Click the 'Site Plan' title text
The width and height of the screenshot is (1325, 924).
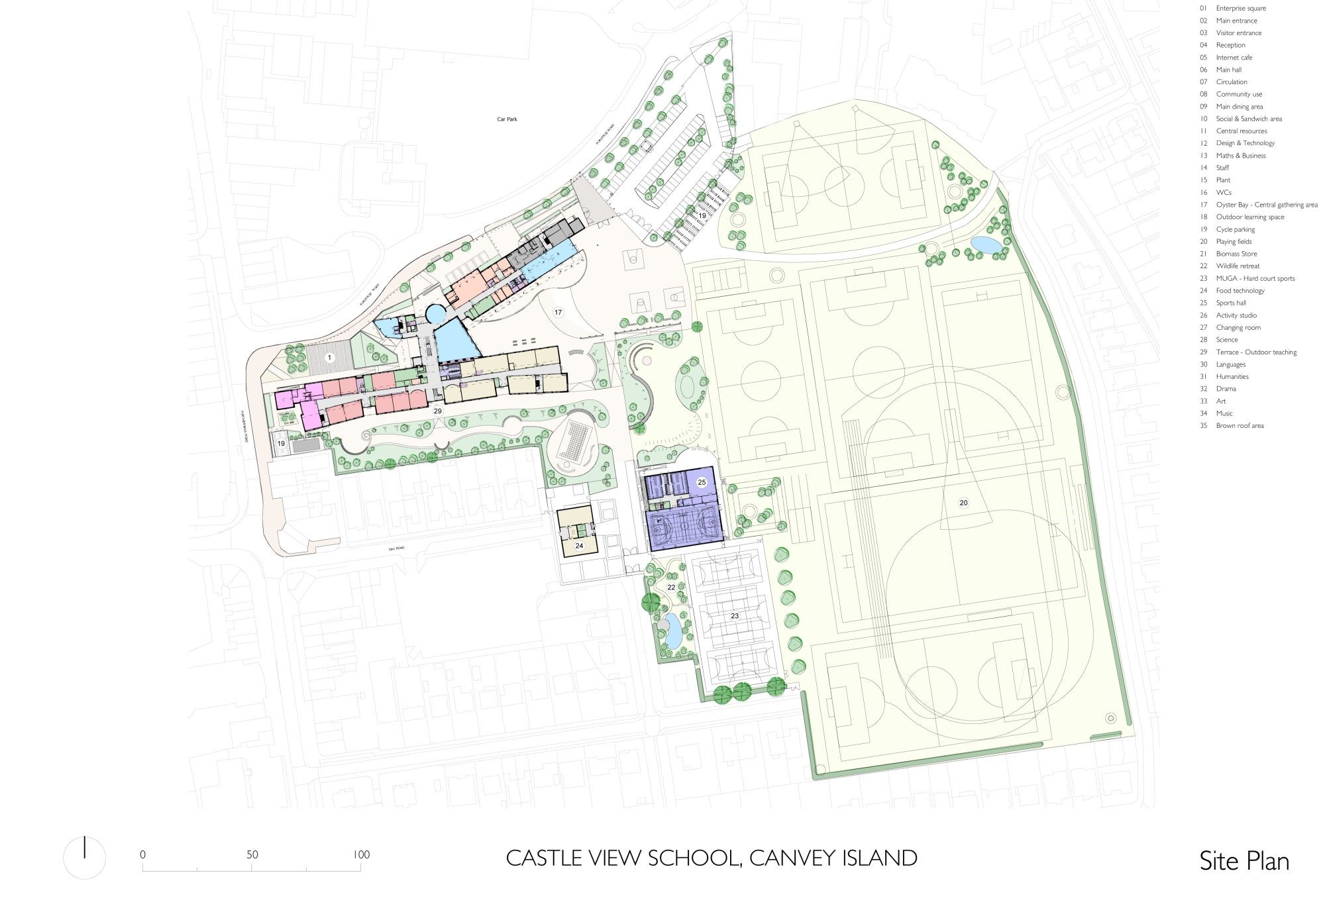click(x=1244, y=861)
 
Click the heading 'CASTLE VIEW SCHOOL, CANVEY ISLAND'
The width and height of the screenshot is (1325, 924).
click(x=711, y=858)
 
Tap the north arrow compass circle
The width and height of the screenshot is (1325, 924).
click(x=85, y=858)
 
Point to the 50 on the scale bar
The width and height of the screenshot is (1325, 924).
click(x=252, y=854)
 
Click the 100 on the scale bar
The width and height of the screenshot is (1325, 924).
click(x=361, y=854)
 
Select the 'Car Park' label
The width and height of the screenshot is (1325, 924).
click(x=507, y=119)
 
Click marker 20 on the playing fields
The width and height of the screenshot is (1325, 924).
click(x=963, y=503)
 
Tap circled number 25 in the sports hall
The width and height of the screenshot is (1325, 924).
click(x=702, y=483)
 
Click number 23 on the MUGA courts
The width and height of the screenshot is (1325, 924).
click(x=735, y=616)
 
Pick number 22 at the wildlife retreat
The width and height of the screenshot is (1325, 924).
click(x=671, y=588)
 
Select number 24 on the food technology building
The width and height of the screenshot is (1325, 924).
click(x=579, y=546)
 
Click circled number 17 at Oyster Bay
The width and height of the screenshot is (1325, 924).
click(x=558, y=312)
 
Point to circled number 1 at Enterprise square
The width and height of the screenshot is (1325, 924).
click(x=330, y=358)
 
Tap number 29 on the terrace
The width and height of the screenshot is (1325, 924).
click(x=437, y=411)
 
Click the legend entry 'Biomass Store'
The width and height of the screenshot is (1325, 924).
click(x=1236, y=254)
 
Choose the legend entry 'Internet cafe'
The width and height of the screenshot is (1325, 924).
click(x=1234, y=58)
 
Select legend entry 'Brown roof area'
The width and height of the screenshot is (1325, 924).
click(x=1239, y=426)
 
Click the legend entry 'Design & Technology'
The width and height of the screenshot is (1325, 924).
click(x=1245, y=143)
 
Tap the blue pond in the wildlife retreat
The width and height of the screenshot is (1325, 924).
click(x=670, y=630)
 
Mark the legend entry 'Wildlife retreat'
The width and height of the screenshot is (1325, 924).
click(x=1237, y=266)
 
